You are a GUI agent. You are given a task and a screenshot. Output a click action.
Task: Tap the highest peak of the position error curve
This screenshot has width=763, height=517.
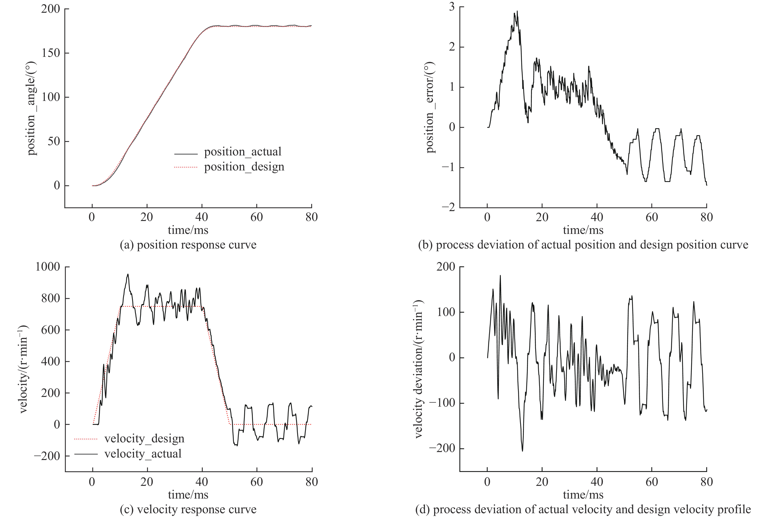point(517,11)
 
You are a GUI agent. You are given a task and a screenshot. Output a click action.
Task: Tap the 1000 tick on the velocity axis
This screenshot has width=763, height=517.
point(48,267)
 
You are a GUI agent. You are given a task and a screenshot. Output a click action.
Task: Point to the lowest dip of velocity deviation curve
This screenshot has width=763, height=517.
point(522,451)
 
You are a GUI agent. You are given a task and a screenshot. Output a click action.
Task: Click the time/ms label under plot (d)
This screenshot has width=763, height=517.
point(583,495)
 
